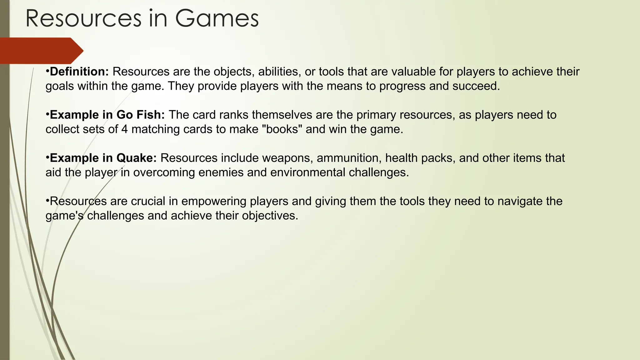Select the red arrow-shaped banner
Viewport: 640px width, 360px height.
[39, 51]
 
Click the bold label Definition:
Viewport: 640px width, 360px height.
[79, 72]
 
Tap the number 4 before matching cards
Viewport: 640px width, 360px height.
[124, 129]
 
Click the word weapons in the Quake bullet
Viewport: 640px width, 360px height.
[287, 158]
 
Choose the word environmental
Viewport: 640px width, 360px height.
[308, 172]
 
